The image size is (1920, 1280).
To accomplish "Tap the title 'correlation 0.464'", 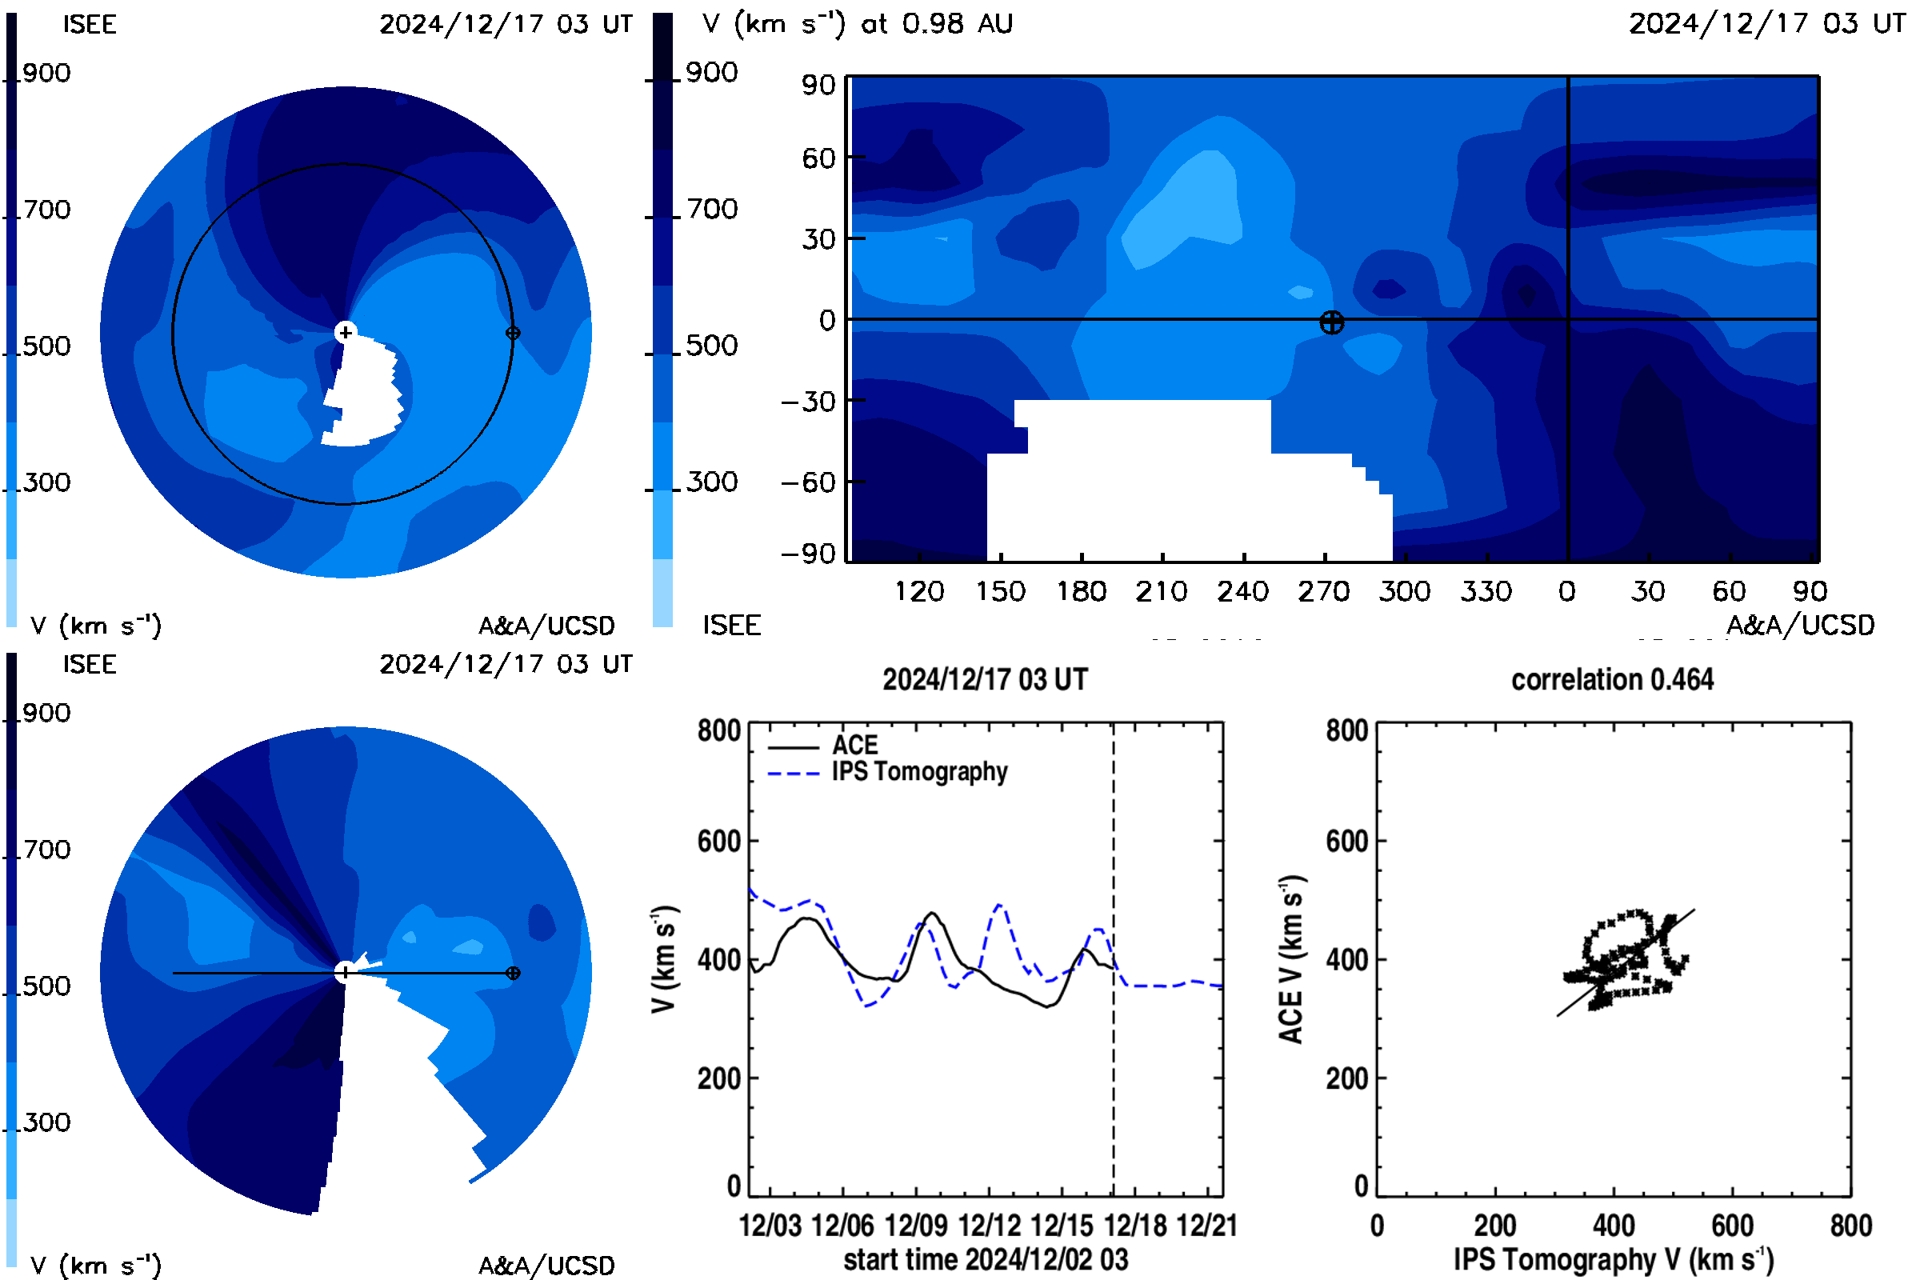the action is coord(1611,680).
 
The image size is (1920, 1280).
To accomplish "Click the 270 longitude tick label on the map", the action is coord(1322,591).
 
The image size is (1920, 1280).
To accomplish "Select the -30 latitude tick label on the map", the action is coord(808,402).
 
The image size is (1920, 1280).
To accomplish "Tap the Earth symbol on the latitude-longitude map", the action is coord(1330,322).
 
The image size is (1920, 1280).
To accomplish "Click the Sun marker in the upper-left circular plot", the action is coord(346,332).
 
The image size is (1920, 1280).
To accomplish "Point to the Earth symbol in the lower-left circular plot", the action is coord(513,973).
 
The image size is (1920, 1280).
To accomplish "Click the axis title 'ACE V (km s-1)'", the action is coord(1291,959).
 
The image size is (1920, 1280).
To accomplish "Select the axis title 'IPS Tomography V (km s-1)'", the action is coord(1613,1259).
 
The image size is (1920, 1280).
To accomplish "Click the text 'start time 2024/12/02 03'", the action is coord(986,1259).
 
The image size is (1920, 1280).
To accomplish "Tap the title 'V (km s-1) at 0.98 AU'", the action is coord(857,23).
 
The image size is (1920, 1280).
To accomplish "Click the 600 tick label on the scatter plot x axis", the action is coord(1732,1226).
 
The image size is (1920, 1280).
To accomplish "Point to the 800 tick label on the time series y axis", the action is coord(718,730).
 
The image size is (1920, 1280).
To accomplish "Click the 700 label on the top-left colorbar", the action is coord(46,210).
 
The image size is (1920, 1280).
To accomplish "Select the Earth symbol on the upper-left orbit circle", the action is coord(513,333).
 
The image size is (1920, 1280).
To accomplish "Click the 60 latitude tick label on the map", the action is coord(818,158).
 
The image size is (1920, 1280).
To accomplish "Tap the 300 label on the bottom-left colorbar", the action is coord(46,1122).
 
